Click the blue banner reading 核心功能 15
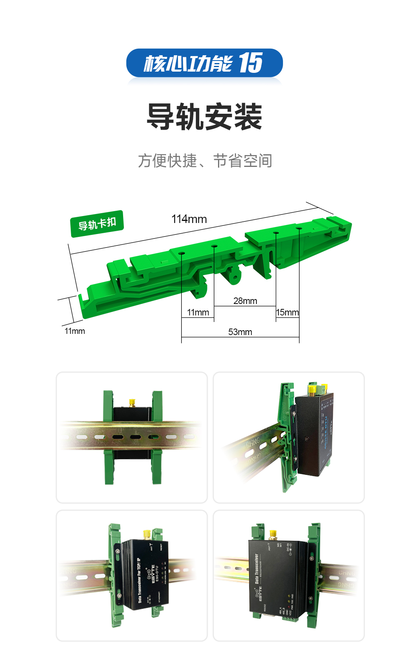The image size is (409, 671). click(x=204, y=63)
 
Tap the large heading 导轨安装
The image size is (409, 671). click(x=204, y=117)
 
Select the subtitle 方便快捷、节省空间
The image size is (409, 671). click(x=205, y=161)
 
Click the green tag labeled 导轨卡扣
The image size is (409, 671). click(x=97, y=224)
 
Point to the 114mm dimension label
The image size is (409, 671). click(x=189, y=219)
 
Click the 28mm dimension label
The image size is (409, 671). click(x=245, y=301)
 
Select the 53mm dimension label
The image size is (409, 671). click(x=240, y=332)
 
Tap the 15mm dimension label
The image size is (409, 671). click(x=287, y=313)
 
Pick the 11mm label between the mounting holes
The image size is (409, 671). click(x=198, y=313)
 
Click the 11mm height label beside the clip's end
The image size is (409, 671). click(x=74, y=331)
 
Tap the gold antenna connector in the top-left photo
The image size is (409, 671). click(x=132, y=403)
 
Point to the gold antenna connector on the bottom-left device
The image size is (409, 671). click(x=146, y=534)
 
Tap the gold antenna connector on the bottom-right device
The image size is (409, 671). click(x=273, y=534)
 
